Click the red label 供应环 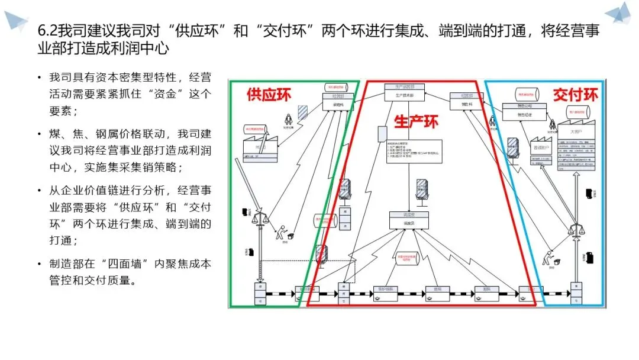click(269, 95)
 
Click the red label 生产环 click(416, 122)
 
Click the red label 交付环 click(575, 95)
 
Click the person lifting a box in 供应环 click(282, 232)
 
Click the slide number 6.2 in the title click(47, 31)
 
